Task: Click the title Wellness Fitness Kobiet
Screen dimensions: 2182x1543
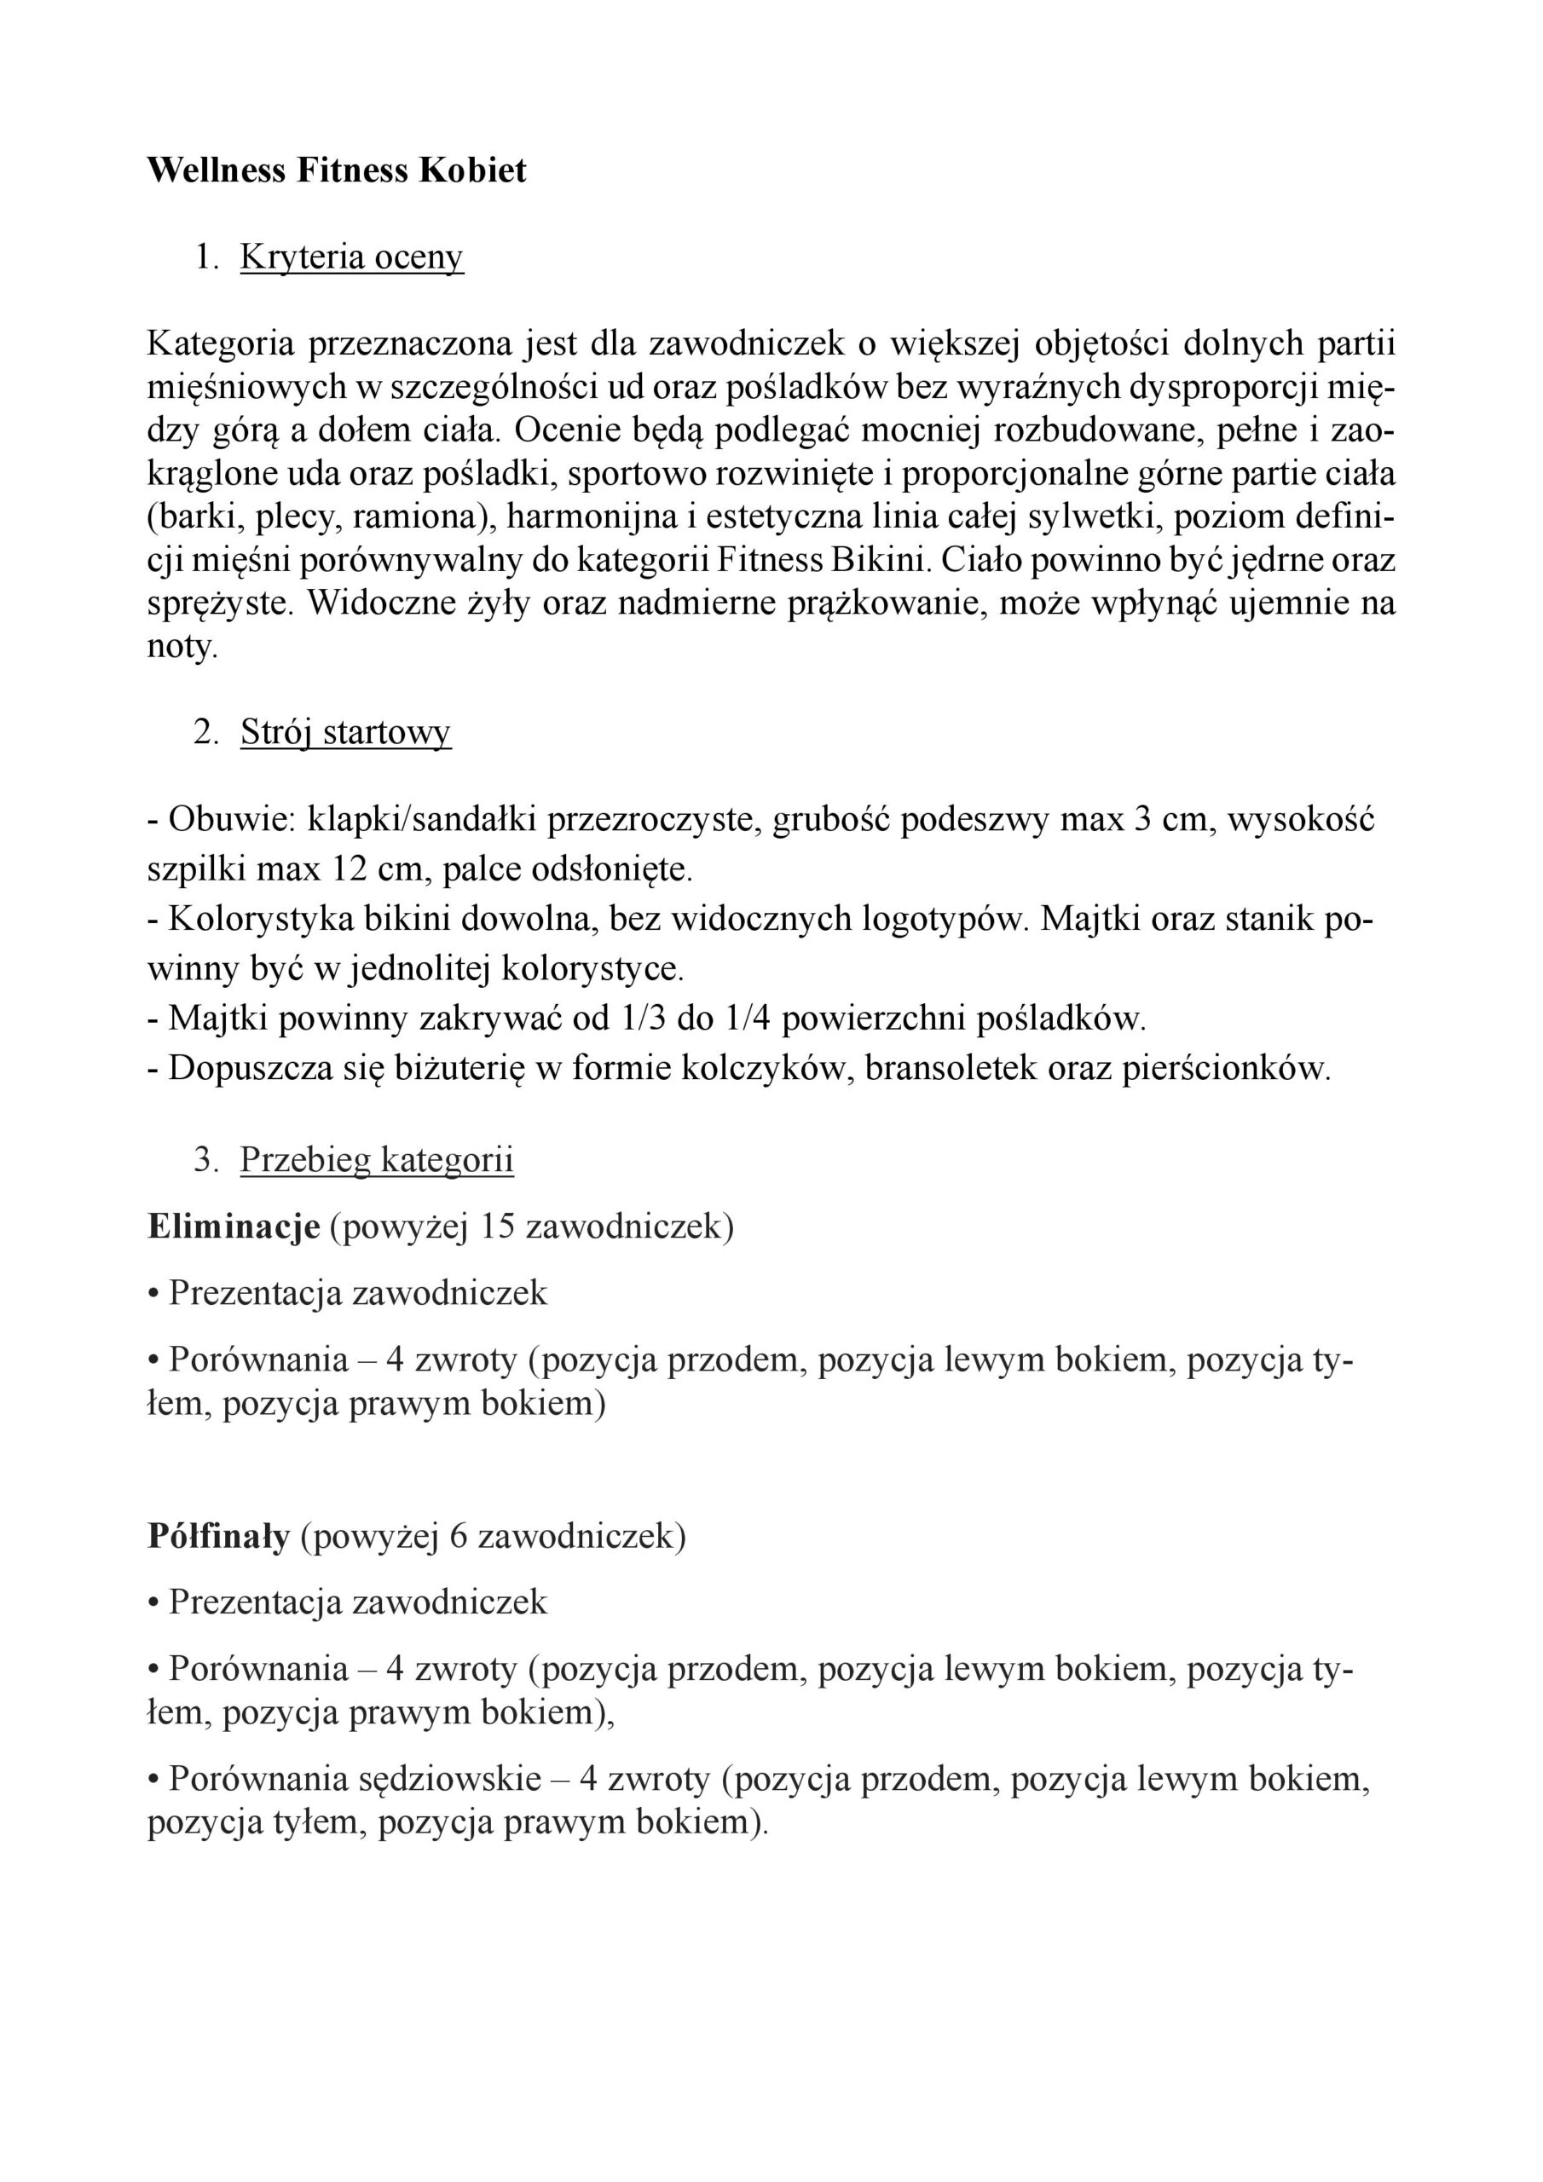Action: pyautogui.click(x=337, y=170)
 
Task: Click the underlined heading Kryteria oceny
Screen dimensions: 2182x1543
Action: pyautogui.click(x=352, y=257)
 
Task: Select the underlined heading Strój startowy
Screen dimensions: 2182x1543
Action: pyautogui.click(x=345, y=732)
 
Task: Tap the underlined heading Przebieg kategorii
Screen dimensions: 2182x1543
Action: pyautogui.click(x=377, y=1159)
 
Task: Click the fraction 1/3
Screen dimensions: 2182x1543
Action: pyautogui.click(x=643, y=1019)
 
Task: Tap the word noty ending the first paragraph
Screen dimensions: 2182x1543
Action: pyautogui.click(x=181, y=647)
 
